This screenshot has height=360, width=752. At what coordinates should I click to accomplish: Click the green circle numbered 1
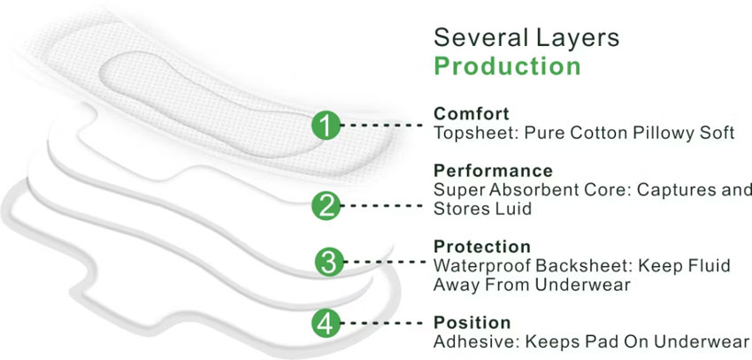pyautogui.click(x=326, y=126)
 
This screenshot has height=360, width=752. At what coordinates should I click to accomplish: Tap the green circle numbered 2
pyautogui.click(x=326, y=206)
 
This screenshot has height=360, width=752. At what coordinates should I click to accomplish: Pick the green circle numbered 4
pyautogui.click(x=326, y=323)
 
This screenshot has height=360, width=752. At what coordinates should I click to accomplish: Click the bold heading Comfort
pyautogui.click(x=471, y=114)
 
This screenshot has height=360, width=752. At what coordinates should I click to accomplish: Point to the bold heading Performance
pyautogui.click(x=493, y=170)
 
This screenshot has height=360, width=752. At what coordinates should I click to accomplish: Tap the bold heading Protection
pyautogui.click(x=481, y=246)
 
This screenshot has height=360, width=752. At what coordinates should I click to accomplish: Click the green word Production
pyautogui.click(x=507, y=66)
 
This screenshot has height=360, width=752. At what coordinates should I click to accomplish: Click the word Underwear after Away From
pyautogui.click(x=587, y=285)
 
